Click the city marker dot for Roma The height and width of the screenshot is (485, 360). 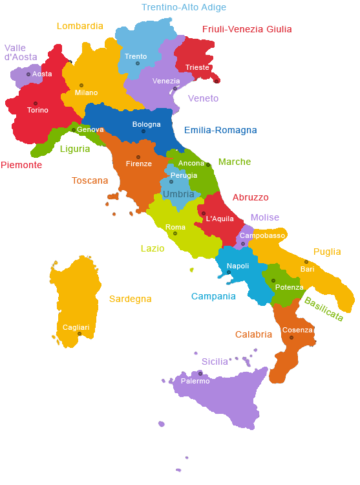[175, 233]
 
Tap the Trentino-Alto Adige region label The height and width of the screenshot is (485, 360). [184, 8]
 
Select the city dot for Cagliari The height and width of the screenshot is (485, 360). [79, 334]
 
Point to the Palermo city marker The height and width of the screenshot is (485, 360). [200, 374]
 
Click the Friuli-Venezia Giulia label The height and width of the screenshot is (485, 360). [247, 29]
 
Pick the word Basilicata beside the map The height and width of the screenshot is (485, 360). [323, 309]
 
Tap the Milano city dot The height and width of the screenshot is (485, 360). [81, 85]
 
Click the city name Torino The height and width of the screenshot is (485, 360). [37, 110]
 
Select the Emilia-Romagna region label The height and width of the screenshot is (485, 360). [220, 130]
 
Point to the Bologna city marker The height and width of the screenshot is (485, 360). [143, 131]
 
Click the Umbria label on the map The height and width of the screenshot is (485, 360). [178, 194]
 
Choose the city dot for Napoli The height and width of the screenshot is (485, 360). [229, 272]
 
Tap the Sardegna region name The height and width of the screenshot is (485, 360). [130, 299]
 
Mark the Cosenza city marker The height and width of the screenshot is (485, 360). [291, 338]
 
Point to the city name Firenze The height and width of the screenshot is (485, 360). [139, 164]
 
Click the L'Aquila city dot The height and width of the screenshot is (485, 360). [204, 213]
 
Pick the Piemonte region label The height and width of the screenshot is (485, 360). [21, 165]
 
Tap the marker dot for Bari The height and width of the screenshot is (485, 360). [306, 262]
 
